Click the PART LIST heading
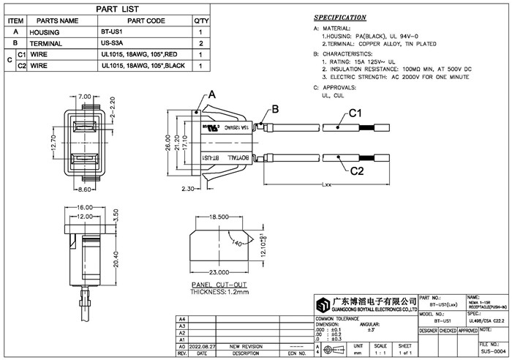109,9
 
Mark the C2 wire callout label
356,172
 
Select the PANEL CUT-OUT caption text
219,284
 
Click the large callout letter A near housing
213,95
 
